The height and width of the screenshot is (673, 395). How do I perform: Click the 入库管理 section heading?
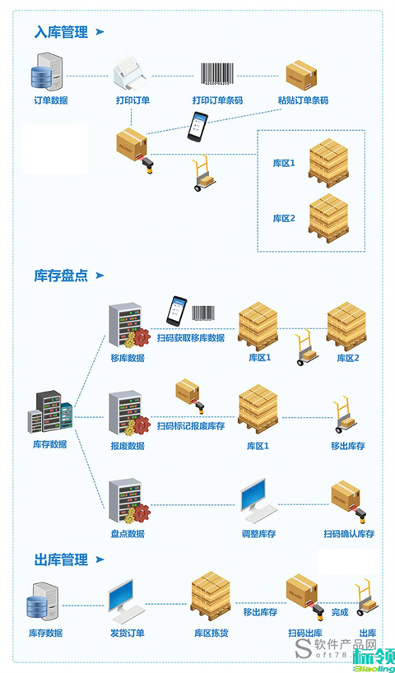click(61, 32)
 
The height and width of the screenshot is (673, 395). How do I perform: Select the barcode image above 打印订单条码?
click(217, 75)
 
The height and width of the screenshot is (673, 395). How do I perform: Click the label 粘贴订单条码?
click(303, 100)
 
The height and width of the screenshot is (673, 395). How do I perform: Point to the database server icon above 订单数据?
click(46, 73)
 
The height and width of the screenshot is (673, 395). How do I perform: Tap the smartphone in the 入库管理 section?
click(198, 124)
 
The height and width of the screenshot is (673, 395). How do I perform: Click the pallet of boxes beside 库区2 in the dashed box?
click(328, 217)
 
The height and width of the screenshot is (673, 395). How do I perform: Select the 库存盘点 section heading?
click(61, 276)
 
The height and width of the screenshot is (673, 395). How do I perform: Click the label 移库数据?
click(128, 359)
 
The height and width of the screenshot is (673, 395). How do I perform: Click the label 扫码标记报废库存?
click(191, 425)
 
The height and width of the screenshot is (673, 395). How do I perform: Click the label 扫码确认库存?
click(349, 534)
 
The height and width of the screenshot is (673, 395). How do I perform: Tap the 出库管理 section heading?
click(61, 559)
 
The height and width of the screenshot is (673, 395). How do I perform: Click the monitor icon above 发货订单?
click(127, 601)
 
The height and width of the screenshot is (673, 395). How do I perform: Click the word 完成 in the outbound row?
click(340, 612)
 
